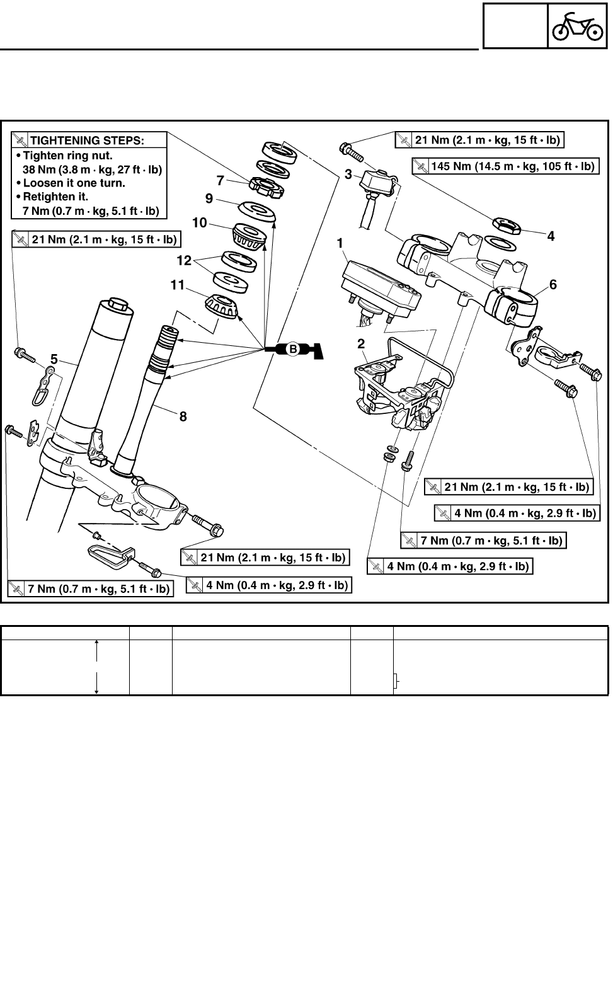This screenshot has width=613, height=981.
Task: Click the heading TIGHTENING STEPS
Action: [87, 141]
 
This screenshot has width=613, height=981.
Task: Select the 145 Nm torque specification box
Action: [505, 166]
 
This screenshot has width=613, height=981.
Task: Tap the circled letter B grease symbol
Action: [292, 348]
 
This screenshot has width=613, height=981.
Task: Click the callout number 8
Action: [183, 416]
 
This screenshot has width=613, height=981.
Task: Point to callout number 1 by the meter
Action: [340, 243]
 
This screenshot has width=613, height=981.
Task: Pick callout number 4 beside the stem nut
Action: [551, 236]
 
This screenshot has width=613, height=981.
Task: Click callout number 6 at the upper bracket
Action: [553, 284]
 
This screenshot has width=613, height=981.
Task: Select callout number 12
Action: [183, 259]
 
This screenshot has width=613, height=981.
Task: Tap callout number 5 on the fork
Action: [54, 360]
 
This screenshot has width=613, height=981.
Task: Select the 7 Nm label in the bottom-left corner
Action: [91, 589]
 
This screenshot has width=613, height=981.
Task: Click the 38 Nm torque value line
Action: [92, 169]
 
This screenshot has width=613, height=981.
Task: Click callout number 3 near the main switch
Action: [348, 175]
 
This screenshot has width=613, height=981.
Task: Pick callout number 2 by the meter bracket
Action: [361, 343]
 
